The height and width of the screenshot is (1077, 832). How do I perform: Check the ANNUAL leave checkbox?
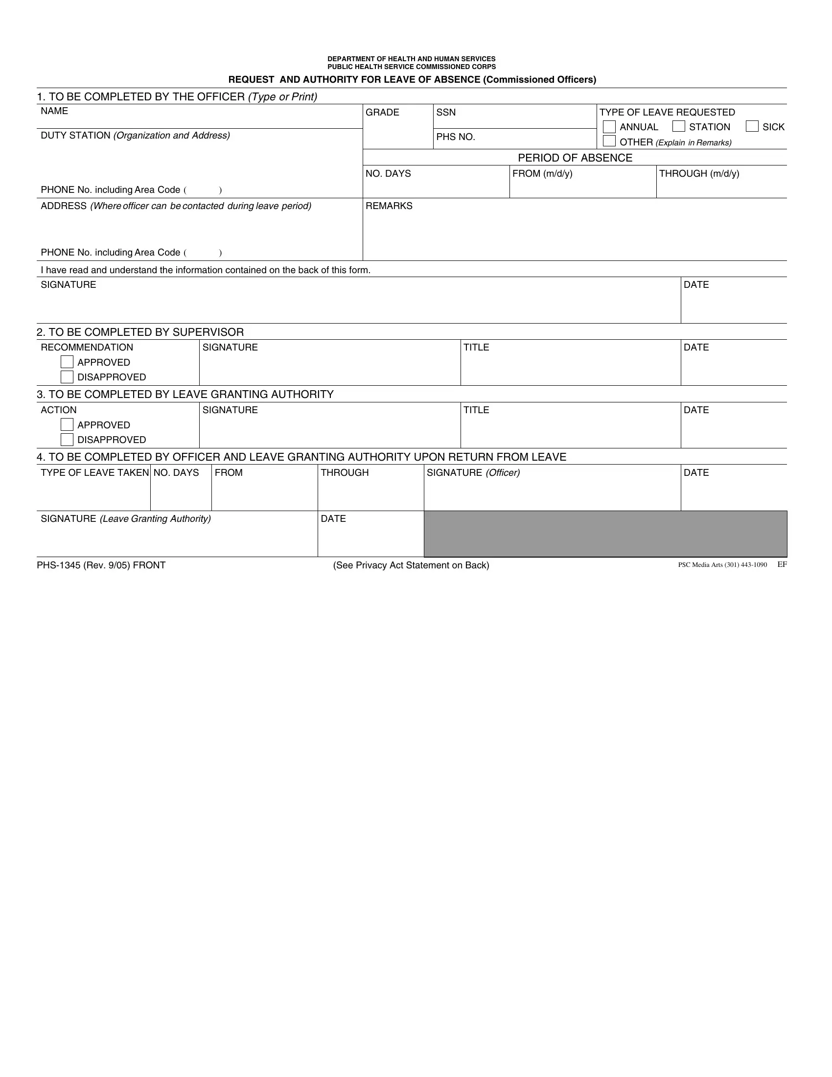pos(609,127)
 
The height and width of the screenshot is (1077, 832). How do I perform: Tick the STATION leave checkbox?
pos(679,126)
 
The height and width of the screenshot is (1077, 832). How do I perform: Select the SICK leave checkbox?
pos(752,126)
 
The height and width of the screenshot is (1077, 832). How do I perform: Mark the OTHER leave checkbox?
pos(609,141)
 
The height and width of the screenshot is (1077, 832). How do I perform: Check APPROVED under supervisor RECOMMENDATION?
pos(67,362)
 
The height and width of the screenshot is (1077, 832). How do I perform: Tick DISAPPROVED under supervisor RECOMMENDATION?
pos(67,377)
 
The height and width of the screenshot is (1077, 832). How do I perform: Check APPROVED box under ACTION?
pos(67,424)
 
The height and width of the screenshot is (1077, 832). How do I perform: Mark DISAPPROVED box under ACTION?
pos(67,440)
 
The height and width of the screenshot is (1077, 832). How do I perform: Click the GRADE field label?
pos(382,113)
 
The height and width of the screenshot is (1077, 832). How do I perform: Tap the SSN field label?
pos(445,113)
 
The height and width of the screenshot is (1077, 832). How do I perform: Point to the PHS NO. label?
pos(456,137)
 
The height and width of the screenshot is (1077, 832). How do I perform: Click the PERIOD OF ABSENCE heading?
pos(575,158)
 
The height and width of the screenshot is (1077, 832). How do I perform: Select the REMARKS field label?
pos(389,206)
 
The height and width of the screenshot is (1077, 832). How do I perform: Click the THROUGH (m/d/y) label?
pos(699,174)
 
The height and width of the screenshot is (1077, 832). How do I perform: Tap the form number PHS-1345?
pos(59,565)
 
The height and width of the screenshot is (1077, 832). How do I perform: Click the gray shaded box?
pos(605,534)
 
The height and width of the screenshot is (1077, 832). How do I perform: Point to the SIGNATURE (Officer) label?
pos(473,473)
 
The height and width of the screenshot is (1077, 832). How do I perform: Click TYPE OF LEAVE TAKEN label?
pos(94,473)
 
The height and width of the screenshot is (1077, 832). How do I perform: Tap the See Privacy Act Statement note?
pos(411,565)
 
